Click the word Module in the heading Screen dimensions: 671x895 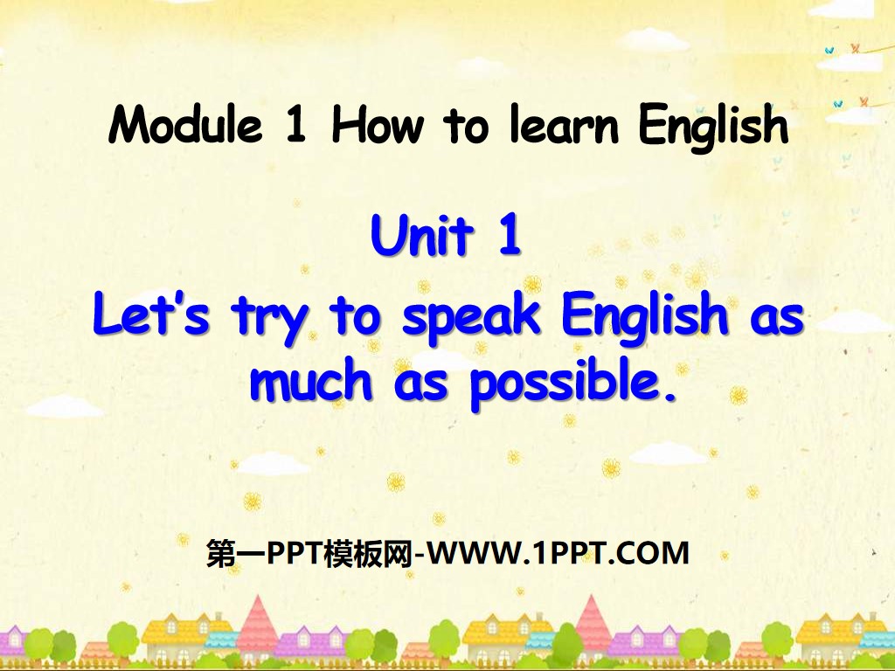point(185,126)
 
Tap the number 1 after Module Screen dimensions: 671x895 point(295,126)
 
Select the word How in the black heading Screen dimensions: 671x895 point(378,126)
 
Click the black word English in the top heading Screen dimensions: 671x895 point(713,128)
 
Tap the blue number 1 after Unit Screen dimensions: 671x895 point(509,237)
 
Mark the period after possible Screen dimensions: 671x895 point(671,398)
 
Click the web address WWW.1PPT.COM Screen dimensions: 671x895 point(560,553)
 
